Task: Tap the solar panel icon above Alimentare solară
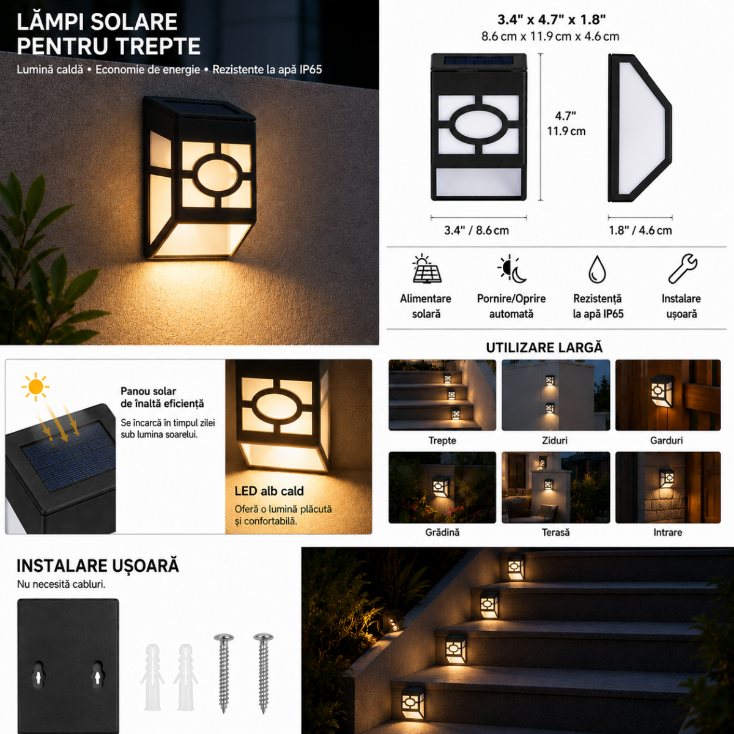[x=426, y=269]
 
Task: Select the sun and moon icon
[x=511, y=269]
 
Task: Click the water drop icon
[x=597, y=269]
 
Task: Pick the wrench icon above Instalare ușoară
[x=683, y=269]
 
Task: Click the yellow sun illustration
[x=35, y=387]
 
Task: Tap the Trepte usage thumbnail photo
[x=442, y=395]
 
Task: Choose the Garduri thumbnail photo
[x=668, y=395]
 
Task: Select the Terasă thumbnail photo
[x=556, y=487]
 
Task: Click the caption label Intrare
[x=668, y=532]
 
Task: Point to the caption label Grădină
[x=442, y=532]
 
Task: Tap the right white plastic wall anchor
[x=185, y=677]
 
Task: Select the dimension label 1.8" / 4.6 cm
[x=640, y=231]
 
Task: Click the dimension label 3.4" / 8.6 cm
[x=476, y=231]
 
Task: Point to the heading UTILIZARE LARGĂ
[x=544, y=347]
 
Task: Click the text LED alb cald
[x=269, y=491]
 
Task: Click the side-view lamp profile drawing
[x=640, y=128]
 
